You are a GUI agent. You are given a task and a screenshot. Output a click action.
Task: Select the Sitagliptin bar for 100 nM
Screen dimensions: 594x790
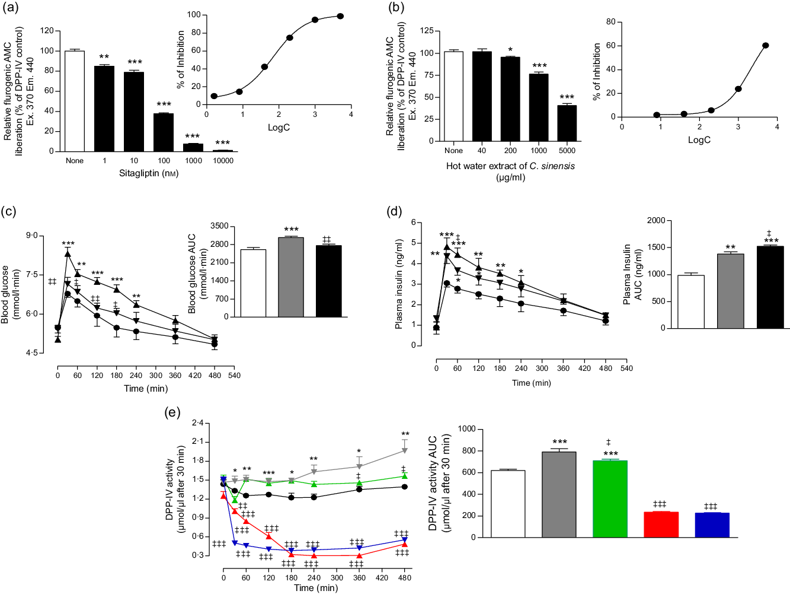pyautogui.click(x=164, y=132)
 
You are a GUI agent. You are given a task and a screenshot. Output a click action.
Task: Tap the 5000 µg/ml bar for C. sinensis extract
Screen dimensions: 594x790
pyautogui.click(x=567, y=123)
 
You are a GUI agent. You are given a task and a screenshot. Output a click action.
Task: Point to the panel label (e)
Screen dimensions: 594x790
pyautogui.click(x=171, y=412)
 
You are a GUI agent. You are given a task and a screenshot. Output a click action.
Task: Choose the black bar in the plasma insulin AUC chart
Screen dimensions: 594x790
pyautogui.click(x=770, y=287)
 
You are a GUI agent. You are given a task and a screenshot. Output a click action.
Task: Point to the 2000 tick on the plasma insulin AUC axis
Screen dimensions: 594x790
pyautogui.click(x=656, y=221)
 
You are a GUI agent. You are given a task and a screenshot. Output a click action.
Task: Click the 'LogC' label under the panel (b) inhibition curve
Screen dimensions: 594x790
pyautogui.click(x=699, y=140)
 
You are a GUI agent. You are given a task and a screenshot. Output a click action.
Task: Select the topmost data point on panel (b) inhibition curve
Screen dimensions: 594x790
pyautogui.click(x=766, y=46)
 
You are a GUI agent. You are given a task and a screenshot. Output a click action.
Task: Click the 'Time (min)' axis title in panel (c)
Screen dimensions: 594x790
pyautogui.click(x=146, y=389)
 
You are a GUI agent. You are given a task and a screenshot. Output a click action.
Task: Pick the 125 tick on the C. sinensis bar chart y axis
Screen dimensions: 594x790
pyautogui.click(x=427, y=31)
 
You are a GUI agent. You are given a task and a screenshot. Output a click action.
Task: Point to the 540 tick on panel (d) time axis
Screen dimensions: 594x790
pyautogui.click(x=626, y=369)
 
